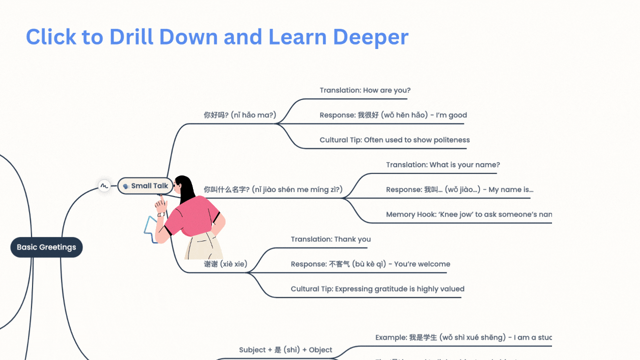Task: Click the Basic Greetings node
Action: (46, 247)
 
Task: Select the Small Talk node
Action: (145, 186)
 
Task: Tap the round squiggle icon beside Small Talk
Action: (104, 186)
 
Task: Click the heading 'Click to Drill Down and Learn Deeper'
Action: (217, 37)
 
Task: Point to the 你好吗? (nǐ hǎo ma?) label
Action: (239, 115)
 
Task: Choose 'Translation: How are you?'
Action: (365, 90)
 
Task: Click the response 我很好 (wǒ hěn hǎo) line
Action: (393, 115)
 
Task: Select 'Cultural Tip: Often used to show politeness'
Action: (394, 140)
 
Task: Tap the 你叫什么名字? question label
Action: (273, 189)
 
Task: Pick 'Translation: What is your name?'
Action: (442, 165)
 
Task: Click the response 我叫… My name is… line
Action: (459, 189)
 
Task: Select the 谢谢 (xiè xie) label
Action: (225, 264)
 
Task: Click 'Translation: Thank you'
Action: (330, 239)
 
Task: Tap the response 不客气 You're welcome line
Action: (370, 264)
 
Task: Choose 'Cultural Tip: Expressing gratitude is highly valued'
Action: (377, 289)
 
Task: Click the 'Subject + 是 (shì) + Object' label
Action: (285, 350)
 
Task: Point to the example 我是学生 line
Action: (463, 337)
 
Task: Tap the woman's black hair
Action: (186, 188)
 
